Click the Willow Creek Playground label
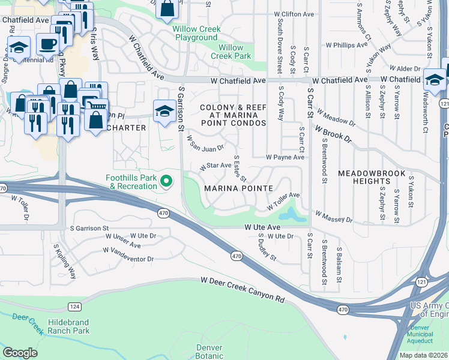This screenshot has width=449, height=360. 196,33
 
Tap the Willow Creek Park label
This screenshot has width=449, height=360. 231,52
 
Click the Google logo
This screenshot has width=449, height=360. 20,352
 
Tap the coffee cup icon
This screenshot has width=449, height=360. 47,43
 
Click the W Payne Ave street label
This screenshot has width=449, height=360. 286,157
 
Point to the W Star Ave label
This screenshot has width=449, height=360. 215,166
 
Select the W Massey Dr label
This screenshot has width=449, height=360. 334,215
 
